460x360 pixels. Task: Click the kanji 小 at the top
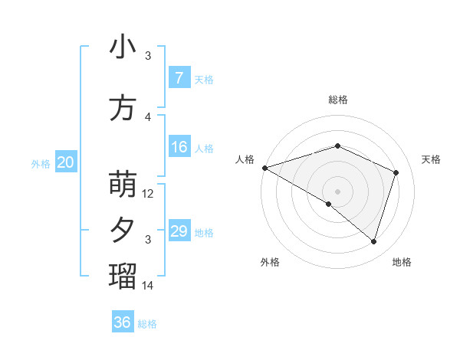123,47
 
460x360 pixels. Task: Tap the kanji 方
123,107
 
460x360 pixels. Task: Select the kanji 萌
123,185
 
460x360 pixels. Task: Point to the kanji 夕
123,231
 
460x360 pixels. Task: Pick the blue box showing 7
179,78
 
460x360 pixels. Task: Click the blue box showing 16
179,147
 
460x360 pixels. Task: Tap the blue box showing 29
179,231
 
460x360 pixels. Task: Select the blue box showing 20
66,162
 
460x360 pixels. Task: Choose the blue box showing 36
123,322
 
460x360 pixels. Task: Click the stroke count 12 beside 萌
149,194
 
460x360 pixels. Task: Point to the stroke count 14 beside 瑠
149,285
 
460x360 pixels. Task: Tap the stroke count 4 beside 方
149,116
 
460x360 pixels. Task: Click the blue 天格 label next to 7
204,79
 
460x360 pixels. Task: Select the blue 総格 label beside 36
147,324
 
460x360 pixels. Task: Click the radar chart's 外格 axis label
270,262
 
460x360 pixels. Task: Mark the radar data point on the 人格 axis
264,168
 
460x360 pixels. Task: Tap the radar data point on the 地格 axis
374,242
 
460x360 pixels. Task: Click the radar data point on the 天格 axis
396,172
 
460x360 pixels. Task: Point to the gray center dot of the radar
337,191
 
